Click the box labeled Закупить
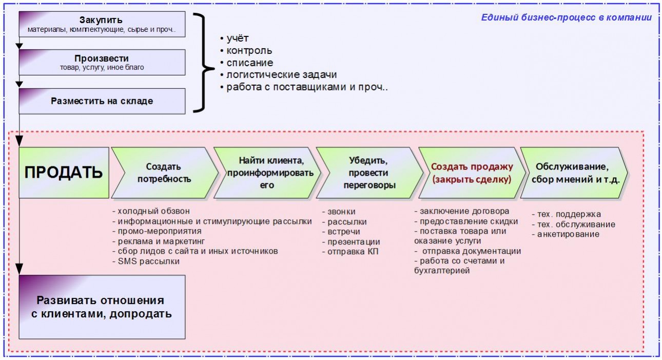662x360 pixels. [102, 24]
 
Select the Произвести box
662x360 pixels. [102, 62]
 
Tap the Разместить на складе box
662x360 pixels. [102, 101]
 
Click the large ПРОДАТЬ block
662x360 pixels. [64, 173]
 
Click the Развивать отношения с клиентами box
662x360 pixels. [102, 307]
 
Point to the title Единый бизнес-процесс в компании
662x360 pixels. [566, 17]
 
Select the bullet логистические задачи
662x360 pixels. [281, 75]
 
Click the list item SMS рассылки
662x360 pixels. [146, 261]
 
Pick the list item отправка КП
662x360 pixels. [350, 252]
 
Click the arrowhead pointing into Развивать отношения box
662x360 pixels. [20, 269]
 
